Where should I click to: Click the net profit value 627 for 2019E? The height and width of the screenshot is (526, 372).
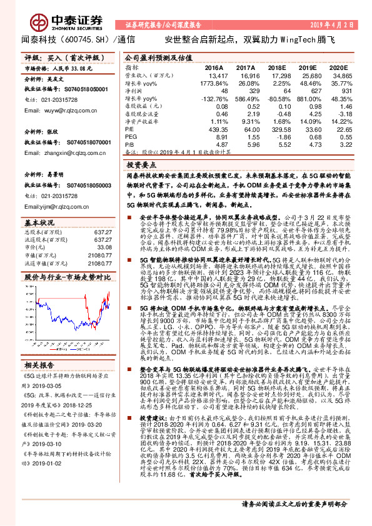(x=311, y=91)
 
